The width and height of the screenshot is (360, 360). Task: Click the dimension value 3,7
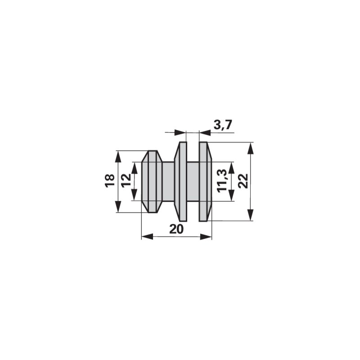pyautogui.click(x=223, y=125)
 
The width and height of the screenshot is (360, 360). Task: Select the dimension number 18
pyautogui.click(x=110, y=181)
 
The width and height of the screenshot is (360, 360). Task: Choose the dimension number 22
pyautogui.click(x=243, y=181)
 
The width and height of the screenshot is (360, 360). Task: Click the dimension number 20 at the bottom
pyautogui.click(x=176, y=229)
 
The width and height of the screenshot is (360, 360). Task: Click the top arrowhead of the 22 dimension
pyautogui.click(x=251, y=148)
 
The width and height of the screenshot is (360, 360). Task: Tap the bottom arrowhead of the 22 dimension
pyautogui.click(x=251, y=215)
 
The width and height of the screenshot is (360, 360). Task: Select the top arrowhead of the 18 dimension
pyautogui.click(x=118, y=157)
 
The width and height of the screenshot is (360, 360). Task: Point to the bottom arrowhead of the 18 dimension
pyautogui.click(x=118, y=207)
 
